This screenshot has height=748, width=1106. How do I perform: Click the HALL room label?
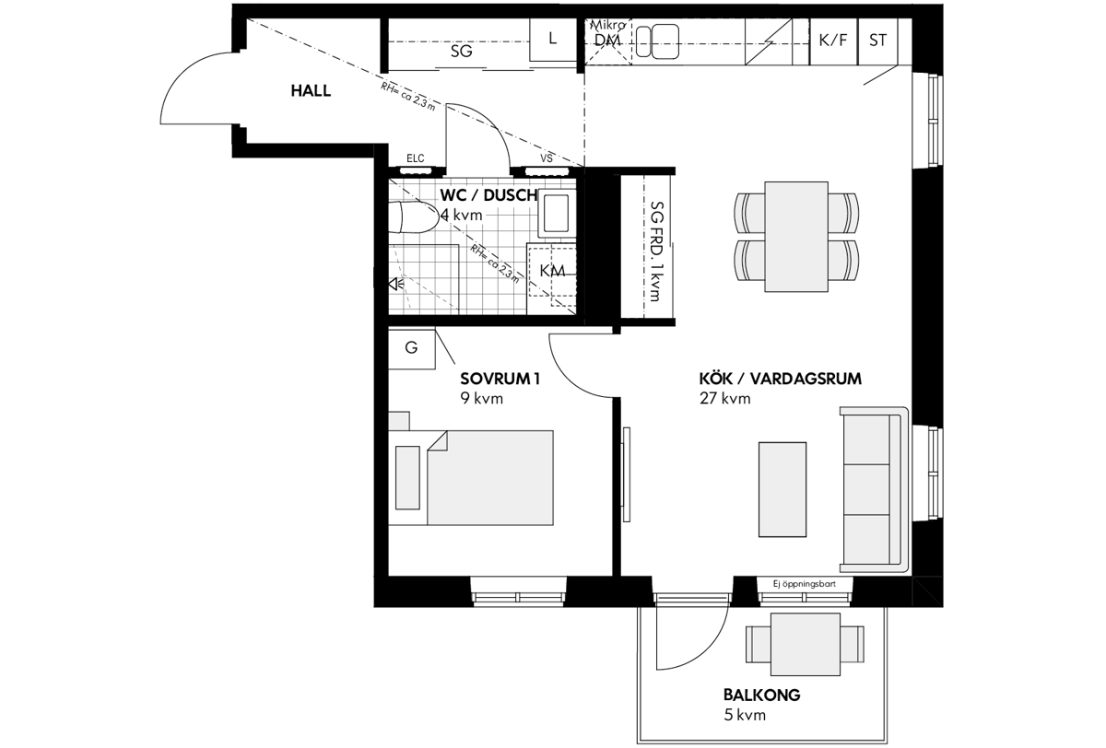click(x=311, y=91)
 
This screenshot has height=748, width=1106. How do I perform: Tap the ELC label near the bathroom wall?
click(x=416, y=158)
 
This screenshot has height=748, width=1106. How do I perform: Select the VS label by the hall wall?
click(x=546, y=158)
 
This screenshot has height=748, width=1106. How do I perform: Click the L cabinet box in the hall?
click(x=553, y=40)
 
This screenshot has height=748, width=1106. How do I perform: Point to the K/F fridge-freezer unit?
click(x=833, y=41)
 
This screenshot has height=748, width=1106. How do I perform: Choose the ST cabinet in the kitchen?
click(x=877, y=41)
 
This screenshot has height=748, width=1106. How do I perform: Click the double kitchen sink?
click(x=657, y=41)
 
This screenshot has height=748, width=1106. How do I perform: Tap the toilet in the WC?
click(x=413, y=217)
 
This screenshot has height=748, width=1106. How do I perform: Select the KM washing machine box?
click(x=551, y=277)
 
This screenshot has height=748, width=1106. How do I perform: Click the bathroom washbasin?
click(x=557, y=213)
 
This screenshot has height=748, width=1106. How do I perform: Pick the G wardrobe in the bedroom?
click(x=412, y=348)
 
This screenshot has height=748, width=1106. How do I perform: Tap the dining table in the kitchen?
click(x=796, y=237)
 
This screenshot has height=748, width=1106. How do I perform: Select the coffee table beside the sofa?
click(x=782, y=489)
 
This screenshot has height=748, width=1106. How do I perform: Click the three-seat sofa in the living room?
click(x=875, y=490)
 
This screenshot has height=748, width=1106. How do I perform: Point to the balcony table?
click(x=806, y=645)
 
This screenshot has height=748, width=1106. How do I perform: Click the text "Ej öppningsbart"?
click(x=805, y=584)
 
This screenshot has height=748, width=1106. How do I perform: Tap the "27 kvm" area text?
click(x=724, y=398)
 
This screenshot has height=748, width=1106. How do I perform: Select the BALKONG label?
click(x=762, y=695)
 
